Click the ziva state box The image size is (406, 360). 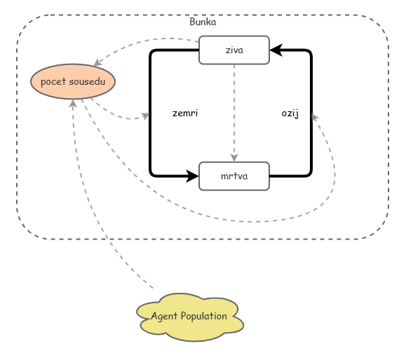click(234, 50)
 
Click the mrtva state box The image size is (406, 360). click(234, 176)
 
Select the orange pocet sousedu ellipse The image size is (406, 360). click(73, 81)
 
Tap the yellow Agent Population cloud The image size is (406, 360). click(190, 317)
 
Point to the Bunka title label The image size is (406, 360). click(203, 22)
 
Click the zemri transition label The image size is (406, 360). click(185, 113)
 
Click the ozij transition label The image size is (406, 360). click(290, 113)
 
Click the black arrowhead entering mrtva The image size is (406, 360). click(192, 176)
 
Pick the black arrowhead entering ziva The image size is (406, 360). click(276, 50)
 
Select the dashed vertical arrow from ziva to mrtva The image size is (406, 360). click(234, 113)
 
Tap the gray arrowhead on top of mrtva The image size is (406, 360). click(234, 158)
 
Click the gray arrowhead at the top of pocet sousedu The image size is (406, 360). click(98, 62)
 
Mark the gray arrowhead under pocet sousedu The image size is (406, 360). click(73, 104)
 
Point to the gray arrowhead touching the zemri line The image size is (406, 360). click(145, 116)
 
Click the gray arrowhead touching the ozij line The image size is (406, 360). click(315, 118)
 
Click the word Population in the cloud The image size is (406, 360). click(204, 316)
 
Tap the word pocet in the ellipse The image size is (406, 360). click(53, 82)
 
